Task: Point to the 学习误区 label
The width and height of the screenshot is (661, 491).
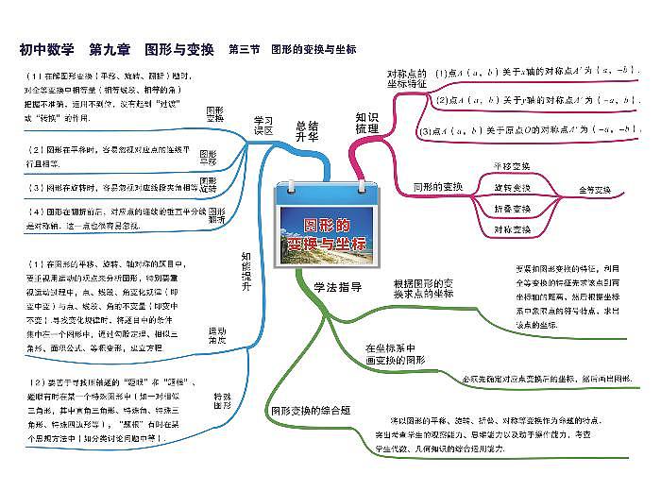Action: [x=263, y=126]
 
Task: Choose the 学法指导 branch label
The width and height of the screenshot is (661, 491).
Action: [x=337, y=287]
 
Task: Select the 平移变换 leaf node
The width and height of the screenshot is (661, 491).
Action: [x=512, y=166]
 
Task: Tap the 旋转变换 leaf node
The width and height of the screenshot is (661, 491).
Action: [x=512, y=188]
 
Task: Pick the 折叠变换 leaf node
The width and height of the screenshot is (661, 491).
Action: [x=512, y=208]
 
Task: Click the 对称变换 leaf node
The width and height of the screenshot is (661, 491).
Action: [x=512, y=229]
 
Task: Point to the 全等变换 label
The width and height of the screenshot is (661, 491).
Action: [x=598, y=190]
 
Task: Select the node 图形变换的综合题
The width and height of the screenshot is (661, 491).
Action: [x=311, y=411]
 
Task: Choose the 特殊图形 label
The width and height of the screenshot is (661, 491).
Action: [x=223, y=401]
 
